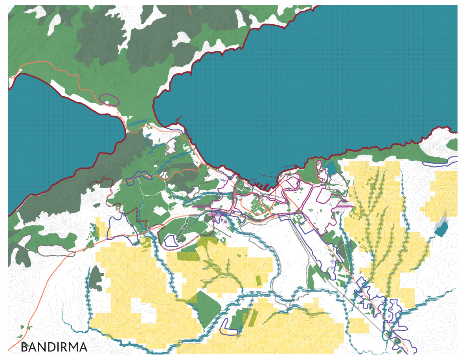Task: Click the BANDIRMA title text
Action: (x=53, y=347)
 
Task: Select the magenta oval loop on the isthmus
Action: (x=109, y=99)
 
